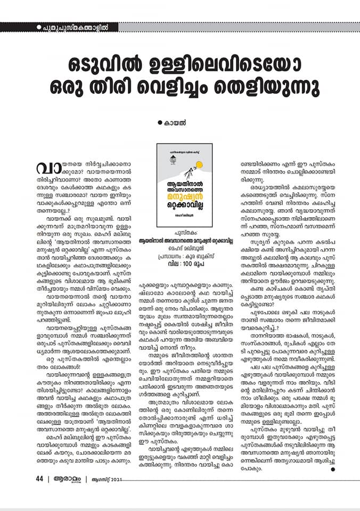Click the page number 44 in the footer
point(39,493)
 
